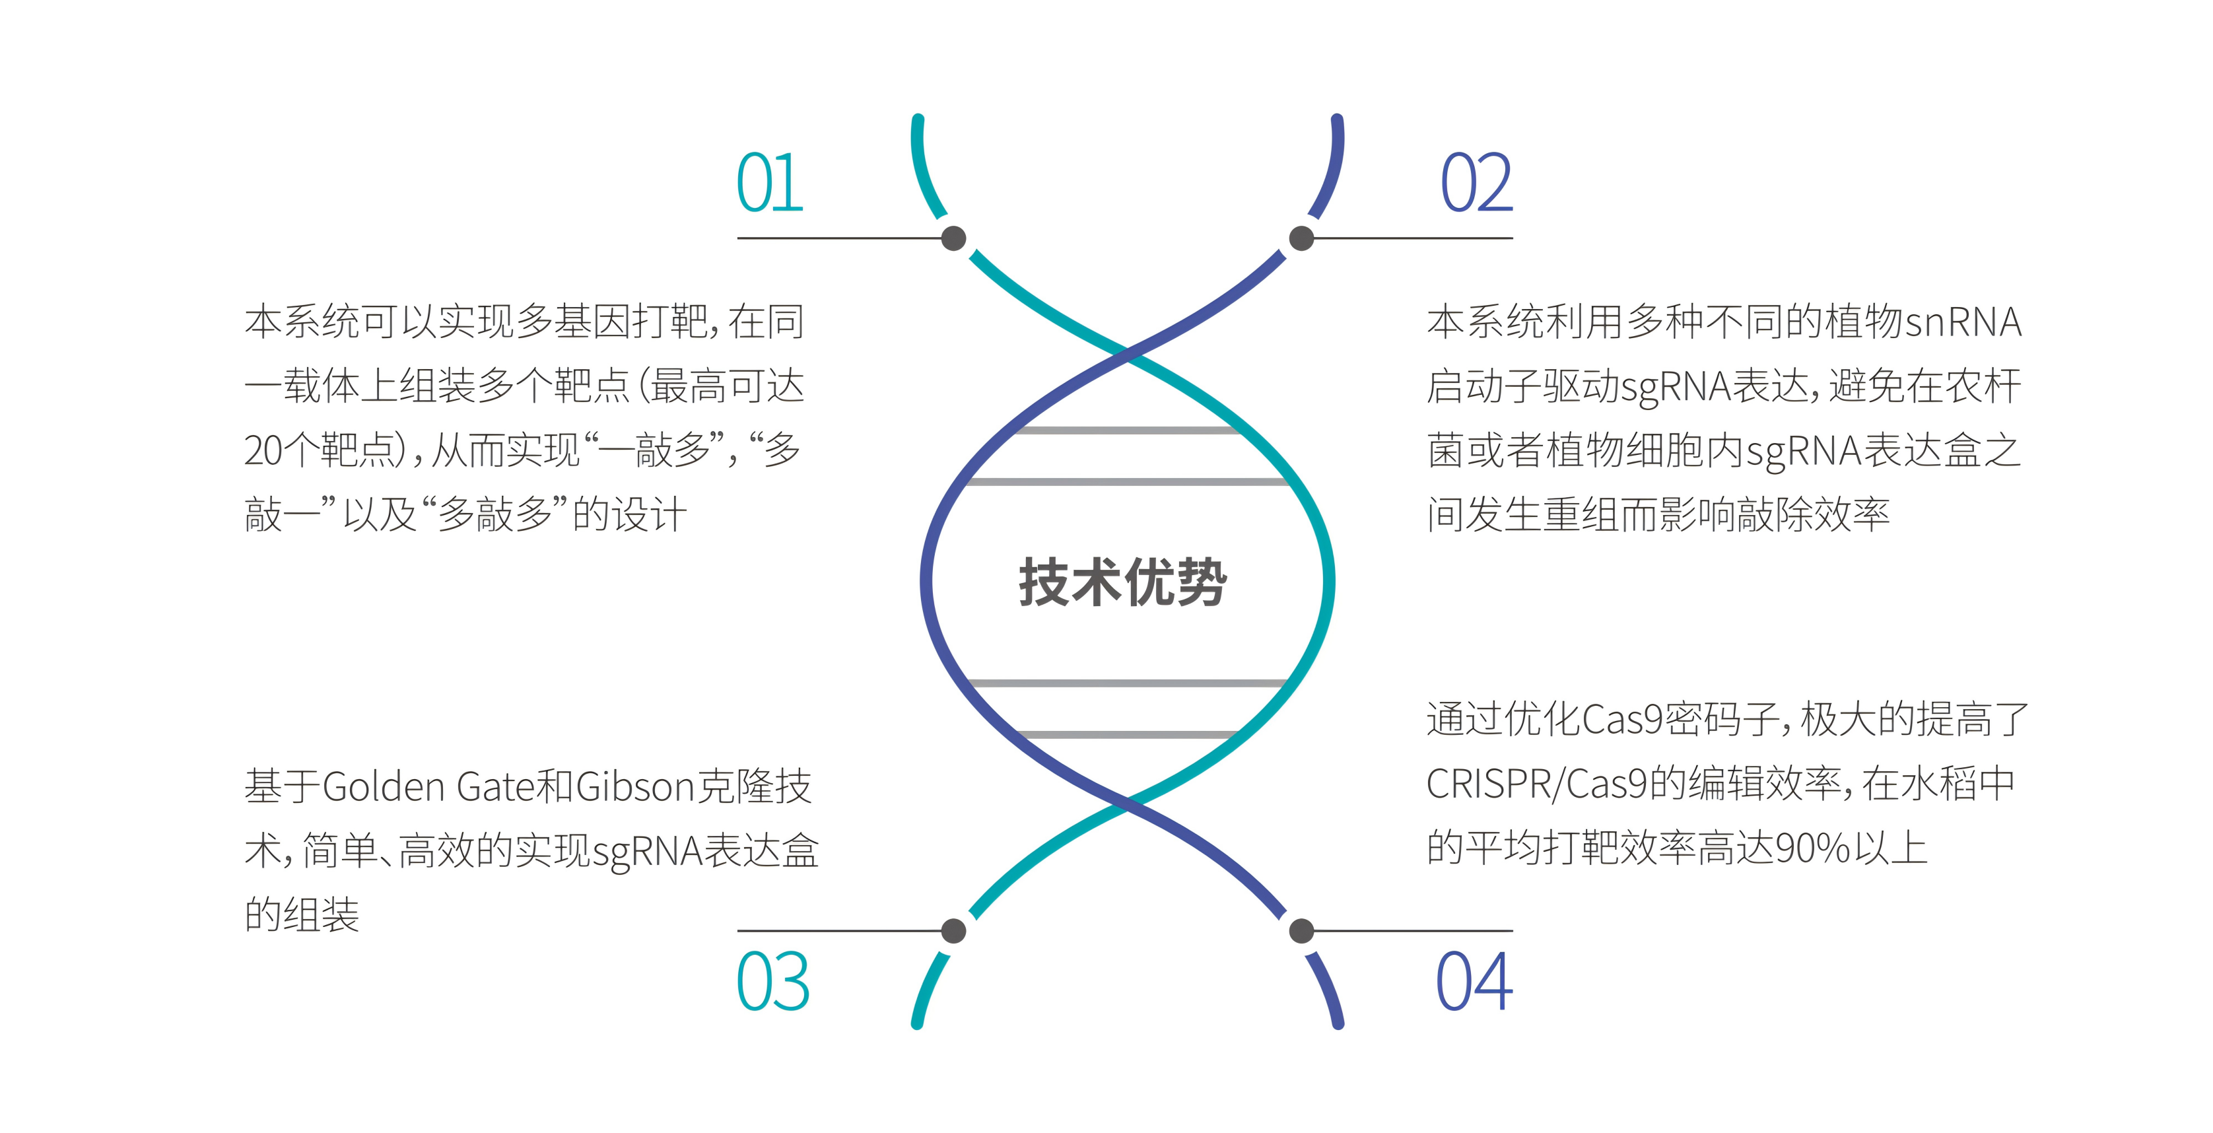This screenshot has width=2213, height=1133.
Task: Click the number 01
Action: tap(770, 183)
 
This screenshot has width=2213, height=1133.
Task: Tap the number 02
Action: tap(1476, 183)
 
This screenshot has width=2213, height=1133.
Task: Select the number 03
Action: tap(772, 981)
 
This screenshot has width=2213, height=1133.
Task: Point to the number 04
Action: tap(1474, 981)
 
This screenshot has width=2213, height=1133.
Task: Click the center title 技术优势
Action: tap(1123, 582)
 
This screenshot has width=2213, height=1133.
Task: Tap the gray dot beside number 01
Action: tap(953, 238)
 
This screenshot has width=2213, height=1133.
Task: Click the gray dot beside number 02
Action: tap(1301, 238)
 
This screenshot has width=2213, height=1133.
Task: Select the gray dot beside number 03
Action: tap(953, 930)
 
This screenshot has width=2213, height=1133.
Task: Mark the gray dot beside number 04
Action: tap(1301, 930)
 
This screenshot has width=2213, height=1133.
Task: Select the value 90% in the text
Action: tap(1813, 848)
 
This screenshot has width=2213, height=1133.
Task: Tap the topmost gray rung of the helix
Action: tap(1126, 429)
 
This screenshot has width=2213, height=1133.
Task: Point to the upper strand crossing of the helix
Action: tap(1127, 353)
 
